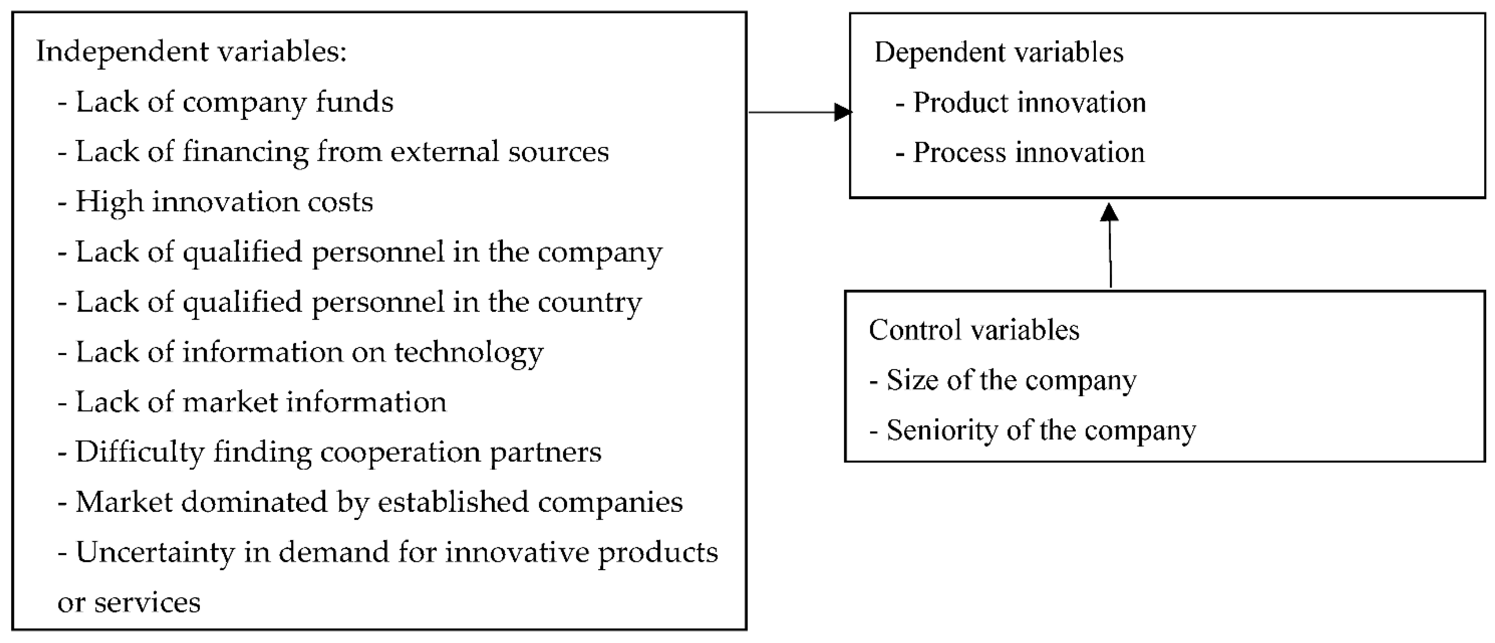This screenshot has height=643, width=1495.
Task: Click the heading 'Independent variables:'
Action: tap(192, 52)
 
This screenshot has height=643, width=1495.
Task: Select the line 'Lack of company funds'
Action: tap(234, 102)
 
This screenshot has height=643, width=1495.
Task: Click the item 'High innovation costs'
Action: tap(224, 202)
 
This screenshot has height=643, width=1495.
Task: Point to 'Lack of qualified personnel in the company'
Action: tap(369, 253)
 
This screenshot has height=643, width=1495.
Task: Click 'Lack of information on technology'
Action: tap(309, 352)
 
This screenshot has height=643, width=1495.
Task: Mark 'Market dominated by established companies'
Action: tap(379, 502)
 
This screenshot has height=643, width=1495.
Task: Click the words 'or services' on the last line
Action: tap(129, 602)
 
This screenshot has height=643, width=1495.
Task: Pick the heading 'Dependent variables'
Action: tap(999, 52)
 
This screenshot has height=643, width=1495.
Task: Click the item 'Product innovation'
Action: tap(1029, 103)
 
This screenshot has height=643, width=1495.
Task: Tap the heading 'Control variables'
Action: tap(974, 330)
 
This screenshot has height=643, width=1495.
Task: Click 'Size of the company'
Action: tap(1011, 380)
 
